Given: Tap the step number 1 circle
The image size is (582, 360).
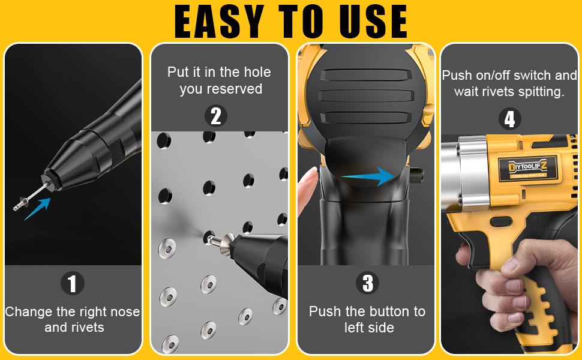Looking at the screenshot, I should coord(73,283).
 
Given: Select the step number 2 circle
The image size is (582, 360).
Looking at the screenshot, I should coord(216,115).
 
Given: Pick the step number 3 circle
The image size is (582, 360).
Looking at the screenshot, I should coord(367,283).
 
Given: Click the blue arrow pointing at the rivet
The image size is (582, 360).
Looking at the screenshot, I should coord(37,209).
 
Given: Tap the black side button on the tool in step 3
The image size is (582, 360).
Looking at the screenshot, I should coord(415,175).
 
